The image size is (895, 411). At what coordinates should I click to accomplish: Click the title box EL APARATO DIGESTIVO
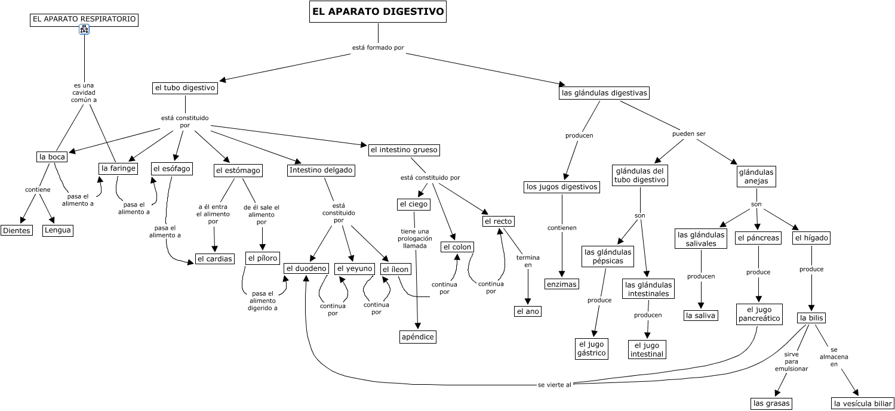378,12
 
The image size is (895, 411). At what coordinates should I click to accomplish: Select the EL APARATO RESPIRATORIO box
84,20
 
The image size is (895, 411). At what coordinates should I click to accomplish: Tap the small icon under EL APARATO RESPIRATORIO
84,30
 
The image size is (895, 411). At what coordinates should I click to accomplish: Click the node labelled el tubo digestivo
184,88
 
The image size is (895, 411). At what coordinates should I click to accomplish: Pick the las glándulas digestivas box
604,93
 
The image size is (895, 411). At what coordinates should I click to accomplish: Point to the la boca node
51,157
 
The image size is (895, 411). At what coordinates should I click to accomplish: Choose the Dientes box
17,231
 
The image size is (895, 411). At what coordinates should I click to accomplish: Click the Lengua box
58,230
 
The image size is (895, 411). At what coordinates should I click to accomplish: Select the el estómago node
238,171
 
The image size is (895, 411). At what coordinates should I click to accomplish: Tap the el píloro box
262,259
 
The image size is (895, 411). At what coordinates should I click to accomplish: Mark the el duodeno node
306,269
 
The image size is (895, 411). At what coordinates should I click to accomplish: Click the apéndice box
418,337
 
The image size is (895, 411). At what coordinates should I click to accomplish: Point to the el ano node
527,311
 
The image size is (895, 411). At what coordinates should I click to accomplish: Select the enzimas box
562,284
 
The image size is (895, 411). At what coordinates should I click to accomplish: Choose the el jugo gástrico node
592,348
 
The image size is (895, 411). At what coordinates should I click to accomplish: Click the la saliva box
701,316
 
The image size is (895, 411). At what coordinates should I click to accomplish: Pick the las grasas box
771,404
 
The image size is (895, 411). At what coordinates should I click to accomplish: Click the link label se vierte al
555,385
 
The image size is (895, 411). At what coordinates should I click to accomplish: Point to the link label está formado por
378,48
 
